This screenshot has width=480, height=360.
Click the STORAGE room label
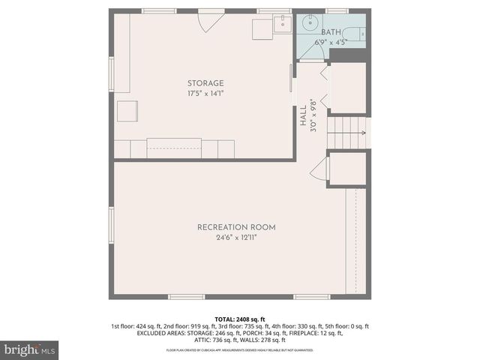tap(205, 83)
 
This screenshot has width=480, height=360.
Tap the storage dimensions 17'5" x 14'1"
tap(205, 94)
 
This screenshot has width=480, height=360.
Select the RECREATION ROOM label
tap(236, 227)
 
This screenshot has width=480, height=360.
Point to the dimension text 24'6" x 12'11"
tap(236, 238)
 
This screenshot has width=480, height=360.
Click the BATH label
tap(330, 32)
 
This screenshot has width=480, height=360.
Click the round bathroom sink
tap(307, 24)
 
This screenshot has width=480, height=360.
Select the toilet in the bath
tap(359, 34)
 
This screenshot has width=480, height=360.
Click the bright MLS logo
tap(30, 349)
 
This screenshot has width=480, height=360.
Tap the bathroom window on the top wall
tap(337, 10)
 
